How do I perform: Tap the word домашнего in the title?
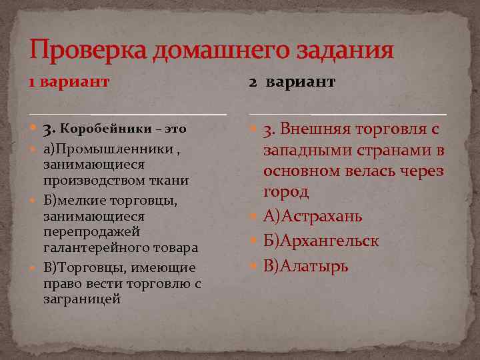point(221,50)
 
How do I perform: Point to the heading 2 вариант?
point(293,82)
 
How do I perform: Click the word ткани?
point(171,180)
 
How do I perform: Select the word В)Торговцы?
point(81,267)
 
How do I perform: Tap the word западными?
point(306,150)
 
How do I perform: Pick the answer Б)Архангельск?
point(321,241)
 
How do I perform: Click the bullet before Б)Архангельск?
point(255,241)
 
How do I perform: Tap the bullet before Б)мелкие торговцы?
point(34,199)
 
